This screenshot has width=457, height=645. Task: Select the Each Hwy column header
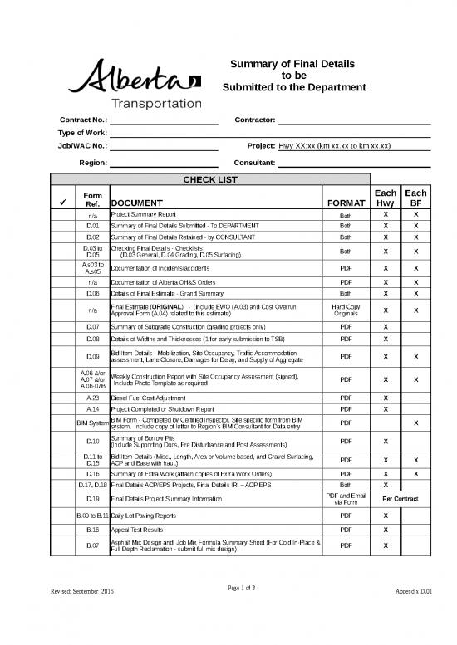point(386,198)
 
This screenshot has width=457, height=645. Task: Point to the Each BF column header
point(415,198)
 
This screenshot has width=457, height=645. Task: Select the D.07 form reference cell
point(92,327)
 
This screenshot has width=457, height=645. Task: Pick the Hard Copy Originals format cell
point(346,310)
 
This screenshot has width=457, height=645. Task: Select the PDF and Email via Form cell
point(346,498)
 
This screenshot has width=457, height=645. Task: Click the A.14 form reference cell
point(92,409)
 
